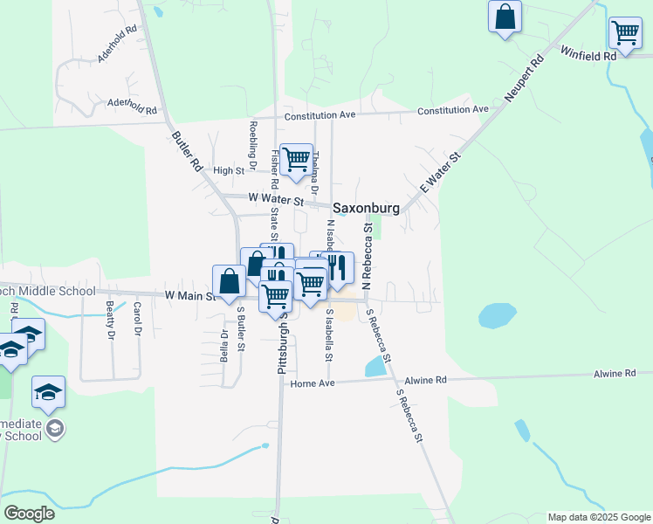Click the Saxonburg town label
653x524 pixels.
366,209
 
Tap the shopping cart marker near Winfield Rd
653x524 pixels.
625,34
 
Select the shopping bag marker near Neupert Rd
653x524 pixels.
505,17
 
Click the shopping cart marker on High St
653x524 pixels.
297,160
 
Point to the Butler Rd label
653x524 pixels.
187,151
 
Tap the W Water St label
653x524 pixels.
275,200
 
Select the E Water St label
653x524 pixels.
440,170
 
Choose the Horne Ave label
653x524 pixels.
313,383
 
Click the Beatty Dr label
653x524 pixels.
110,321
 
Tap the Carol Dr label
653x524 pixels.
137,321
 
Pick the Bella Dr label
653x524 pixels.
224,346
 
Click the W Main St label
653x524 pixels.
190,295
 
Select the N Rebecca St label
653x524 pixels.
368,255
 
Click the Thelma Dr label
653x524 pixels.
316,173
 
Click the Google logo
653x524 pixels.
30,514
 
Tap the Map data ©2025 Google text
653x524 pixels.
599,517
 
